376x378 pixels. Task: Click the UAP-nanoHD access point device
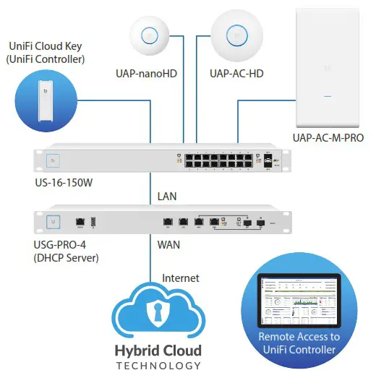(x=150, y=34)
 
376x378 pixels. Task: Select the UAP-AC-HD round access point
(x=234, y=34)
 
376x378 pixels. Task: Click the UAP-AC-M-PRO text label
(x=328, y=137)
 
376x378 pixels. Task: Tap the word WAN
(x=169, y=245)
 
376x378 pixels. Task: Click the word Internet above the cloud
(x=181, y=278)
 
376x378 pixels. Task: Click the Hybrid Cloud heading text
(x=157, y=351)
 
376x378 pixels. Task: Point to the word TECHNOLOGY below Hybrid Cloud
(x=157, y=366)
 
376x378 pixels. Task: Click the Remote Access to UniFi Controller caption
(x=299, y=344)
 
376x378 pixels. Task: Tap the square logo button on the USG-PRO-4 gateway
(x=52, y=221)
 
